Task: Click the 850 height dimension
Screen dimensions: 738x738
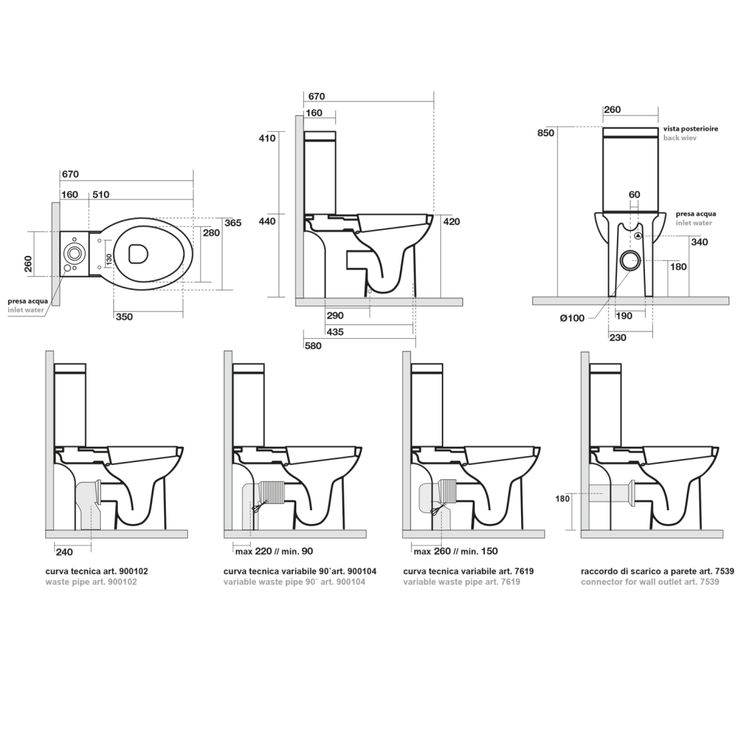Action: [x=546, y=133]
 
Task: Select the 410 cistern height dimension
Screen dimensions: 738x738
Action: [x=267, y=138]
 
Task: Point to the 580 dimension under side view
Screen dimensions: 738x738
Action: [x=312, y=346]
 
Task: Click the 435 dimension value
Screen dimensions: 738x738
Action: [x=334, y=332]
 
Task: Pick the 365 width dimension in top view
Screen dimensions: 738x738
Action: [x=231, y=223]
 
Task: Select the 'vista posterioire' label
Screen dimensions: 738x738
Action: [x=690, y=128]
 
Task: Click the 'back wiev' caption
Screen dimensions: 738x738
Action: [x=679, y=138]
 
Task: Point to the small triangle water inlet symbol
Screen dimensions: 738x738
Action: [x=638, y=236]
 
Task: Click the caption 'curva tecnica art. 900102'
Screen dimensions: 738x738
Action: [x=97, y=571]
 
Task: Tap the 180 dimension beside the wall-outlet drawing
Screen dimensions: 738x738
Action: [x=564, y=498]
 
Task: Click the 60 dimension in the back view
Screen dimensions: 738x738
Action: [x=634, y=195]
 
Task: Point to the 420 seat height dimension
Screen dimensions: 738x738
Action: [x=451, y=222]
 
